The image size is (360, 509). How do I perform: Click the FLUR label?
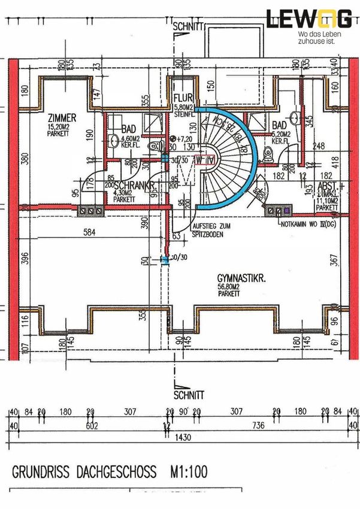pyautogui.click(x=181, y=98)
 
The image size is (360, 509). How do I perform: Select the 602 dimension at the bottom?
pyautogui.click(x=91, y=426)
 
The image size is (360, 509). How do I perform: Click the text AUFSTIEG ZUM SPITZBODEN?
pyautogui.click(x=210, y=232)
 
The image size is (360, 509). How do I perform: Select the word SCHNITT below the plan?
pyautogui.click(x=187, y=395)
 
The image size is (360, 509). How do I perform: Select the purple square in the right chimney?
pyautogui.click(x=287, y=211)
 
